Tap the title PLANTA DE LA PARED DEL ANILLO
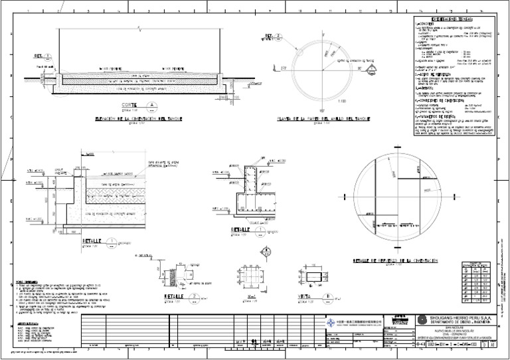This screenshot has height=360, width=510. [x=323, y=119]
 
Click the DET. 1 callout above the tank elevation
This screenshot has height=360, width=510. [x=41, y=57]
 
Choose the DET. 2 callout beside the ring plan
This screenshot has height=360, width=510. [x=274, y=37]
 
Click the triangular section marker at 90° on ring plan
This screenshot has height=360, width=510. [x=373, y=68]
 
